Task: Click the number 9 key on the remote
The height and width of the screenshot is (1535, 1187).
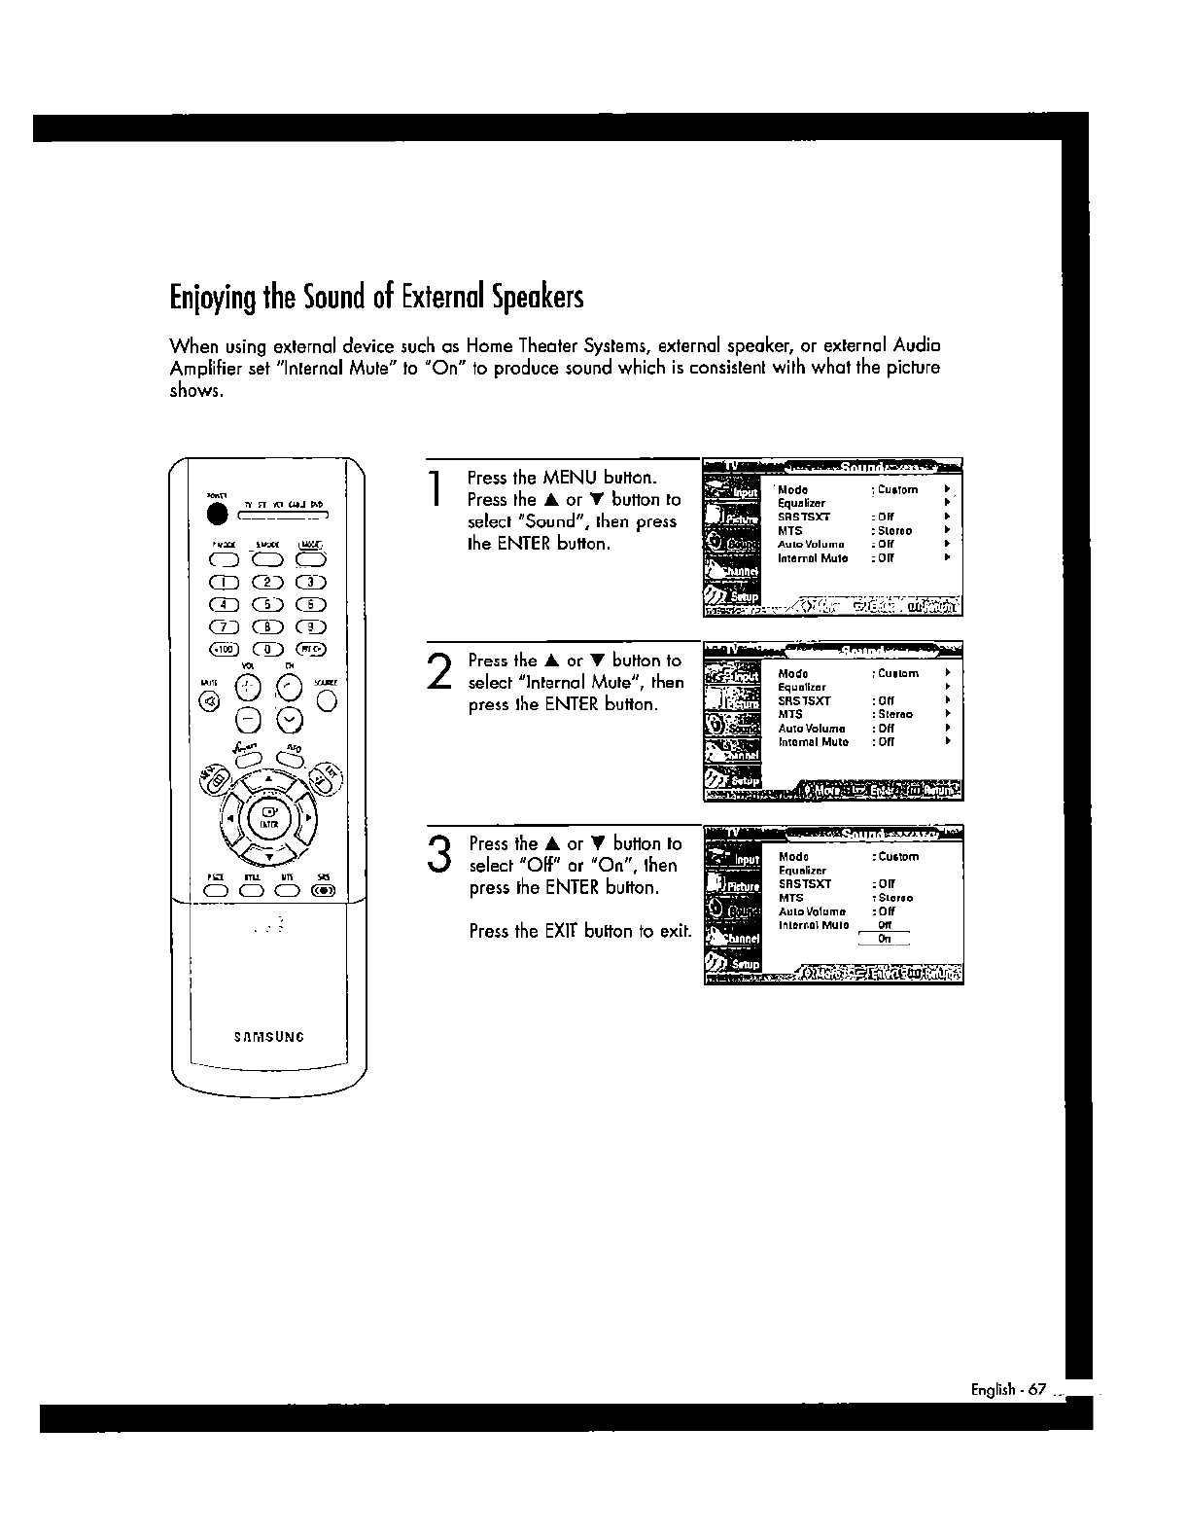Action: pos(312,626)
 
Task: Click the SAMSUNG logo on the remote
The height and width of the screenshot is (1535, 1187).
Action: pos(269,1036)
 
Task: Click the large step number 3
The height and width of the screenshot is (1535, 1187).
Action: pos(440,854)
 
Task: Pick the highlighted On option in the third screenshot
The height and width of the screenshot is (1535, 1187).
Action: pos(884,939)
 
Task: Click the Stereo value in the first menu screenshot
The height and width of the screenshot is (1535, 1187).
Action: pos(894,531)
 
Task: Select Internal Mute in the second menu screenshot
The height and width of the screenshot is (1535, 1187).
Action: pos(814,742)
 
